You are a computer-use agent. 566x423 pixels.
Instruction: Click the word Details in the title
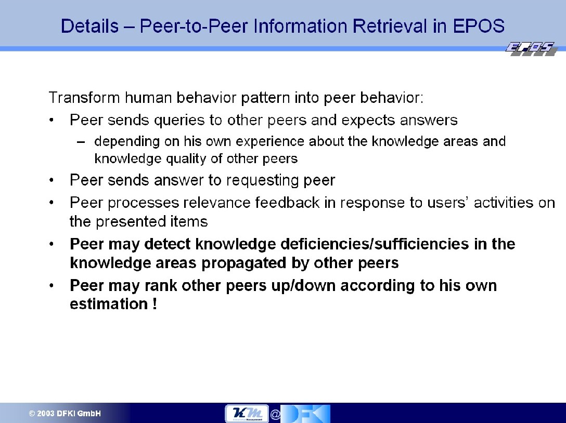coord(89,26)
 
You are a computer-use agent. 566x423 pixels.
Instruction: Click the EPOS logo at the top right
coord(531,49)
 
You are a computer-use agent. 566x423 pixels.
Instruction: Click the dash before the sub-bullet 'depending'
coord(81,142)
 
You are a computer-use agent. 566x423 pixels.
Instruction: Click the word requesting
coord(262,180)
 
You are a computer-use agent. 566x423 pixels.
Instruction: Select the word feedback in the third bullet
coord(287,203)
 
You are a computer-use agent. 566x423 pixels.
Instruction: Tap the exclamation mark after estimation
coord(155,303)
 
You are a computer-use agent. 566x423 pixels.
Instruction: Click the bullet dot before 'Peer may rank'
coord(52,286)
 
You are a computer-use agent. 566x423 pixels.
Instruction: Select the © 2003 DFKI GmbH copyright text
coord(65,414)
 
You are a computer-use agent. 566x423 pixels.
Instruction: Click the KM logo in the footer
coord(247,413)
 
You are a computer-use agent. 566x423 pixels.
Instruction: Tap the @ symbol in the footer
coord(275,415)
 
